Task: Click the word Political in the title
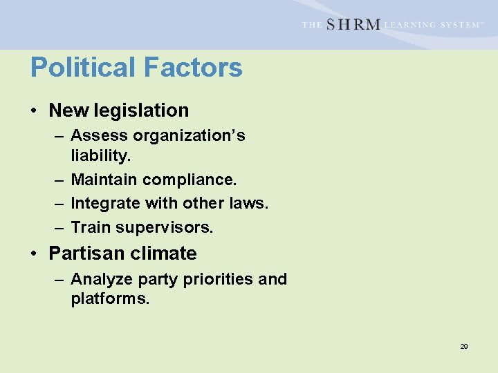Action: tap(84, 68)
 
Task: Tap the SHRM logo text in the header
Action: tap(353, 24)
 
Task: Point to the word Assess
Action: tap(96, 135)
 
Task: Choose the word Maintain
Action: tap(104, 180)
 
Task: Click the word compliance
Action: tap(190, 180)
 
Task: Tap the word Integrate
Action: tap(104, 203)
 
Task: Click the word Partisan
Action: tap(84, 254)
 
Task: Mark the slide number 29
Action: tap(464, 346)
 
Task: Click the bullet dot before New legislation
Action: tap(34, 111)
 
